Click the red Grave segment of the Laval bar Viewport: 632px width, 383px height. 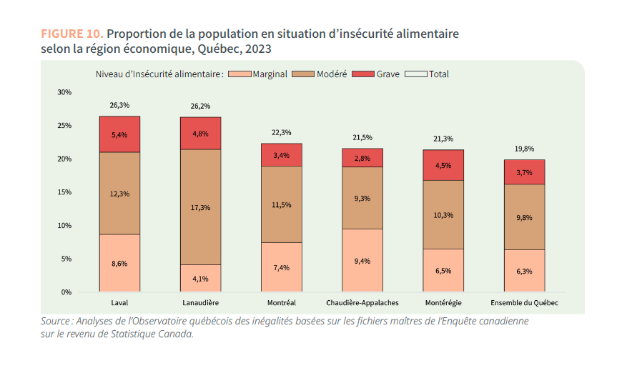119,134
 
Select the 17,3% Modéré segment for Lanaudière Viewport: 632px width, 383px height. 200,207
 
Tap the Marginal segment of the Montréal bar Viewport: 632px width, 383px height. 281,267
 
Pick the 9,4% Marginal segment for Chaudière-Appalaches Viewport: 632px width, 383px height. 362,261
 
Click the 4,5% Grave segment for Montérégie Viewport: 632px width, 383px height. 443,165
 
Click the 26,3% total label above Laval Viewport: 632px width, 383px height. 119,106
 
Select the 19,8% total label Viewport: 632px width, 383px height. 524,149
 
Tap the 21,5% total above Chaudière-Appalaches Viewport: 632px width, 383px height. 362,137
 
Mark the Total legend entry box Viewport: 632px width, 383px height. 416,74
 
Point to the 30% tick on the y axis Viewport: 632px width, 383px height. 64,92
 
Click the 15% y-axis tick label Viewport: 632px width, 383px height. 64,192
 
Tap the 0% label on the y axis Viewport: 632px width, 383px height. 66,292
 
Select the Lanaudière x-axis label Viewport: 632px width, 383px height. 200,303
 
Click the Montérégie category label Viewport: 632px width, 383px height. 443,303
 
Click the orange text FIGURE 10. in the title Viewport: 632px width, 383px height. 72,34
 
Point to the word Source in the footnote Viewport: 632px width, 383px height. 56,322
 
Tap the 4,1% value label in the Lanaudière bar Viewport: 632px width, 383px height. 200,279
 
